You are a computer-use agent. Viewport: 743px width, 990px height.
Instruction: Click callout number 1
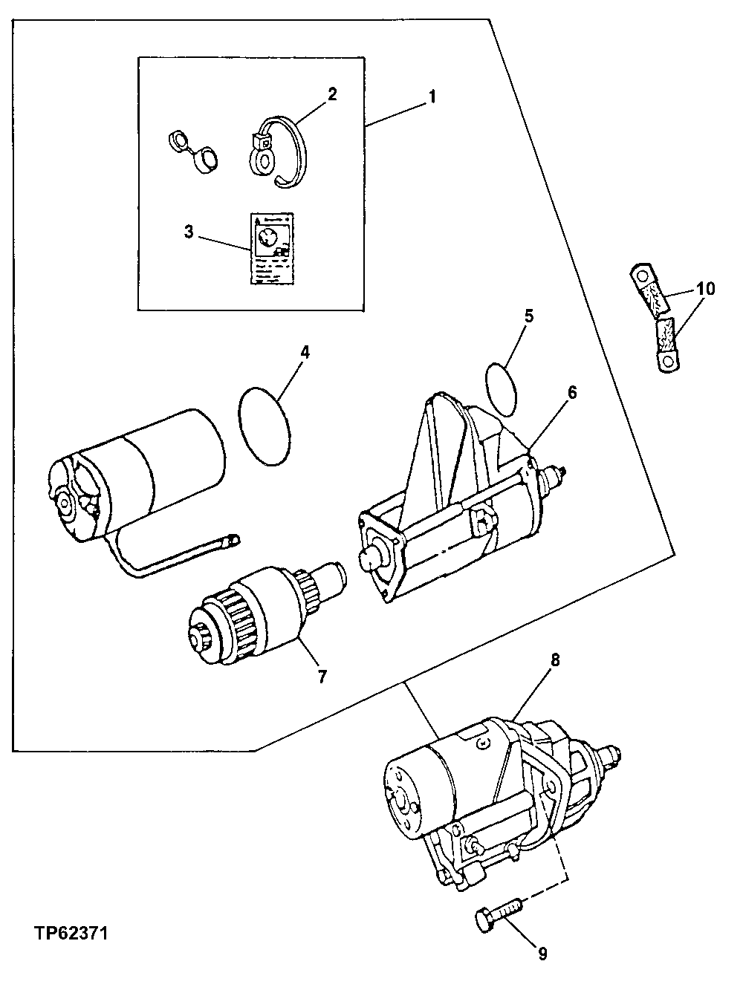point(432,97)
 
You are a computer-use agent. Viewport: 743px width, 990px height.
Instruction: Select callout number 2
point(331,94)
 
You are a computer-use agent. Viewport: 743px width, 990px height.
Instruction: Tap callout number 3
point(189,232)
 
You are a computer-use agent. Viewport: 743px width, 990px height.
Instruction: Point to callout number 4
point(305,351)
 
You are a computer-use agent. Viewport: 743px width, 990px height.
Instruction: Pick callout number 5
point(528,316)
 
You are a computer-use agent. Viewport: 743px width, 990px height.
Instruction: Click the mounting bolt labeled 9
point(498,911)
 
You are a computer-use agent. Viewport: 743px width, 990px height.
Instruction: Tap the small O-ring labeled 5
point(502,388)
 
